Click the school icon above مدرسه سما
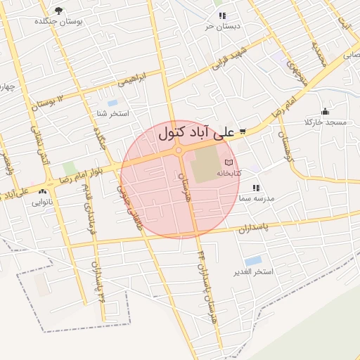point(256,188)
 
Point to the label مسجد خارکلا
point(325,122)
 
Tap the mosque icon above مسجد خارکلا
point(325,111)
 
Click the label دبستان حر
point(222,26)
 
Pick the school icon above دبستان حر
point(222,15)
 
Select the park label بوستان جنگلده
point(58,22)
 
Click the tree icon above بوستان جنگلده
point(58,11)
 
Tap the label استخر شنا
point(113,113)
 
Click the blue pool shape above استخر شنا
point(112,103)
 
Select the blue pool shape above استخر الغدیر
point(253,261)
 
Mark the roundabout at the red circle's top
point(179,150)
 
